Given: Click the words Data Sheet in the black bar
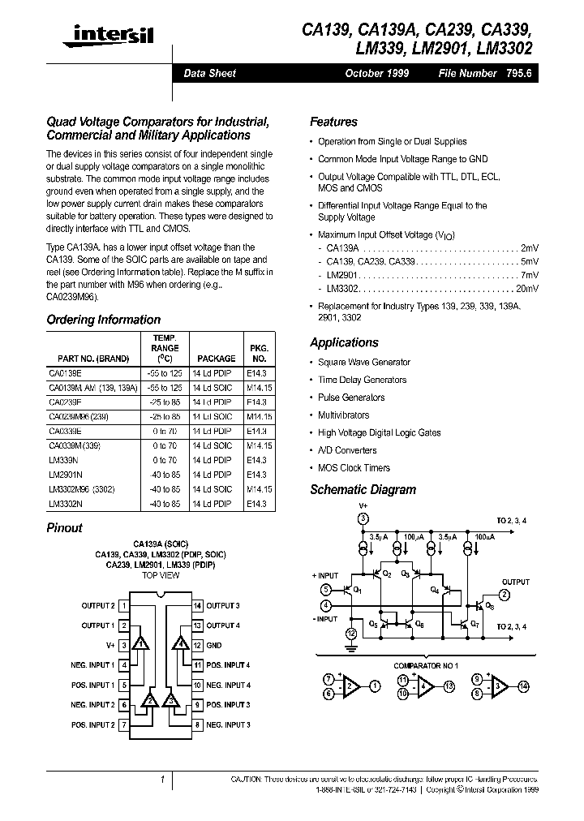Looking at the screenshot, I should (x=209, y=73).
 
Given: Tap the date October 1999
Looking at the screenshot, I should (x=376, y=73).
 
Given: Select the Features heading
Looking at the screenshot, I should (x=333, y=122).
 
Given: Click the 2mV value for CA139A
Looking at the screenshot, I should (x=529, y=247).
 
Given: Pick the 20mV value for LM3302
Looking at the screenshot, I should (x=526, y=289).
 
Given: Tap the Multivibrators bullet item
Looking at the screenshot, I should (x=344, y=415).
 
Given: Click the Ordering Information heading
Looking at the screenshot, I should (x=103, y=320).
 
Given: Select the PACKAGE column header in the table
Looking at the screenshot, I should (x=216, y=358).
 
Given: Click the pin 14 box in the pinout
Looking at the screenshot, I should (x=197, y=606).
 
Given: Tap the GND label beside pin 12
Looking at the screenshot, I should (x=214, y=646).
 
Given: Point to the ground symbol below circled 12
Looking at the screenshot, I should (x=350, y=647).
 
